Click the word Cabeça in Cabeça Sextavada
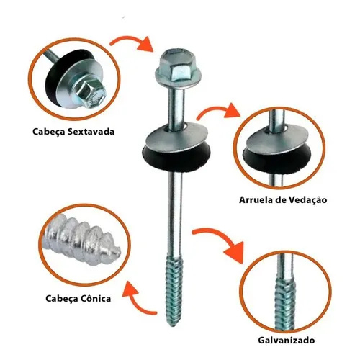48,132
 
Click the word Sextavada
91,132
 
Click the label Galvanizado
287,340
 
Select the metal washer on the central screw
176,135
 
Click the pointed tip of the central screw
173,325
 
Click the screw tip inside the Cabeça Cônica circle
113,251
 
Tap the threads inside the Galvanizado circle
285,304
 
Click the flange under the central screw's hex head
178,77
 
